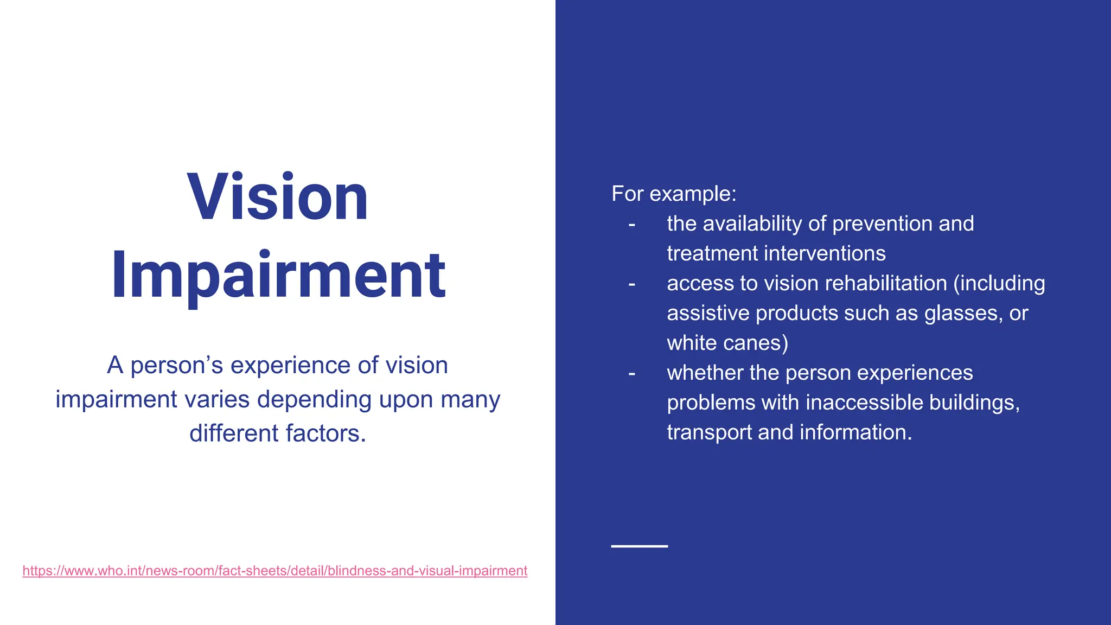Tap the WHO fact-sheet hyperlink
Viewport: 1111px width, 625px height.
tap(274, 571)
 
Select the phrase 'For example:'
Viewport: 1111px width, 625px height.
tap(674, 194)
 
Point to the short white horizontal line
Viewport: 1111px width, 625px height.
tap(639, 546)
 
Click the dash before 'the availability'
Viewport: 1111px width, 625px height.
tap(631, 224)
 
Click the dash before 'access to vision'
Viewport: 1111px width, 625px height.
tap(631, 284)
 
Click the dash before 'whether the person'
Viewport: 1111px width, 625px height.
tap(631, 373)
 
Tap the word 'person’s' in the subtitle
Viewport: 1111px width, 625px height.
tap(177, 365)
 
